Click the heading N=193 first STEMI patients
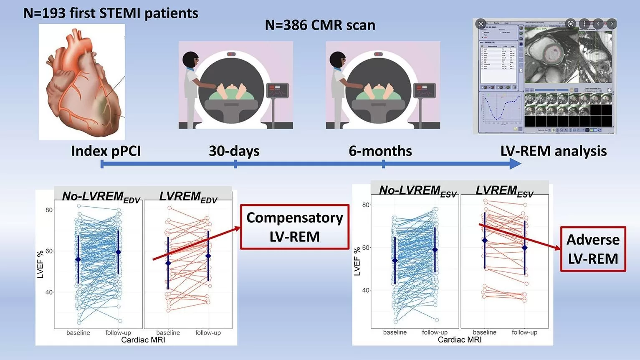pos(111,13)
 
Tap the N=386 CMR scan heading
pos(320,25)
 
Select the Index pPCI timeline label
pos(106,151)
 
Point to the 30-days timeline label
pos(234,151)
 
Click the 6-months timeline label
pos(380,151)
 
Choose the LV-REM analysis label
pos(553,151)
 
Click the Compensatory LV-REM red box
pos(294,227)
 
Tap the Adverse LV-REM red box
pos(593,249)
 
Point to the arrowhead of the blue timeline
pos(516,164)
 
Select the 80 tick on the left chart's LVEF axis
pos(49,210)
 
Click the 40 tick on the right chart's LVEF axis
pos(366,290)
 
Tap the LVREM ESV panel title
pos(504,191)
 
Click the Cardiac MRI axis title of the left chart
pos(143,340)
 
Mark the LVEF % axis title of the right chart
pos(357,261)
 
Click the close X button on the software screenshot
pos(481,24)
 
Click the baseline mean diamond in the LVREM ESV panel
pos(485,241)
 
